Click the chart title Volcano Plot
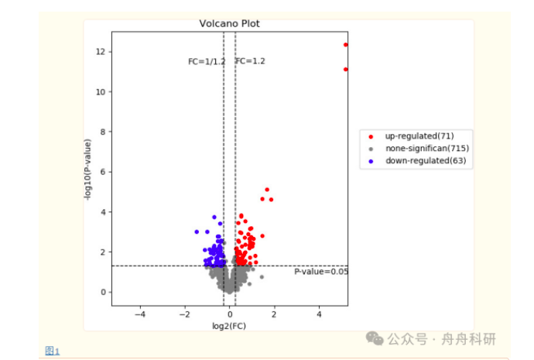click(229, 24)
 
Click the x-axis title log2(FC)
click(229, 326)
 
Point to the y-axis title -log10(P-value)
click(90, 170)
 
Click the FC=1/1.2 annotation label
click(207, 61)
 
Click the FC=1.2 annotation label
click(250, 61)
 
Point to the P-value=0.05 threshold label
click(321, 272)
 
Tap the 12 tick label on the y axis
click(101, 52)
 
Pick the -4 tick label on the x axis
click(140, 314)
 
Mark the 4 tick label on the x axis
click(319, 314)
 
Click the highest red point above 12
click(346, 44)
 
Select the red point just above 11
click(346, 69)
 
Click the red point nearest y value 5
click(267, 190)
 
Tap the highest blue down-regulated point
click(214, 218)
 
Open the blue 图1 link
click(52, 351)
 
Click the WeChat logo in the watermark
click(375, 339)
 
